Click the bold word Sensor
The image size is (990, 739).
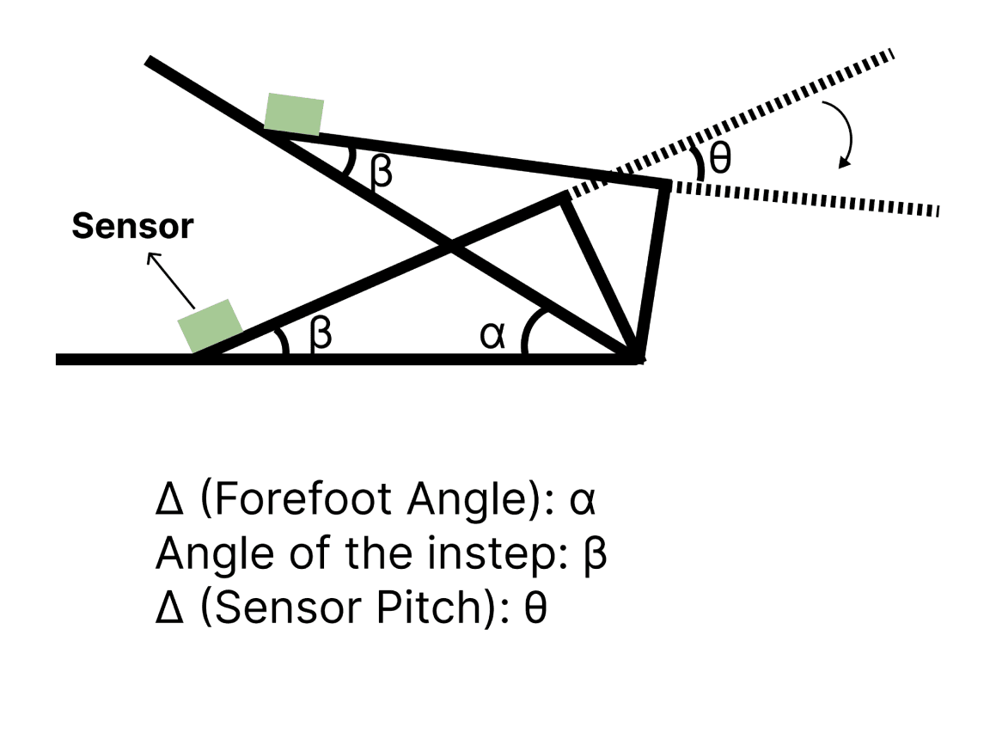(x=132, y=226)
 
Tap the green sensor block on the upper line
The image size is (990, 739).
(x=294, y=114)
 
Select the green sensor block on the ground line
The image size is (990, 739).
(x=211, y=327)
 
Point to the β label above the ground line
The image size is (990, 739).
(x=321, y=333)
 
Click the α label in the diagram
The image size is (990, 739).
(x=492, y=334)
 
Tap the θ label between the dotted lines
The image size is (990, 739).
(x=720, y=157)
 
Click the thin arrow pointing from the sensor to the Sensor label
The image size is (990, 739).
(x=170, y=280)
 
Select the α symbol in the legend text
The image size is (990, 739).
(x=582, y=502)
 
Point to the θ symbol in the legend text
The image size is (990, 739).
(x=535, y=608)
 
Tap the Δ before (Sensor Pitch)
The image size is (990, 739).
(x=169, y=608)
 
